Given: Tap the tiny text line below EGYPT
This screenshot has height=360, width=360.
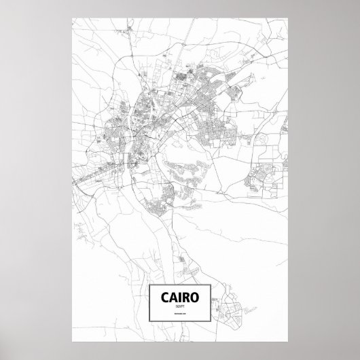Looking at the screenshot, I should pos(180,316).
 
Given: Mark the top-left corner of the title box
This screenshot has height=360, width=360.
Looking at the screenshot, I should pos(148,283).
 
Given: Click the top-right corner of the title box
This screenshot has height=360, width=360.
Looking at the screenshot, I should pos(213,283).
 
